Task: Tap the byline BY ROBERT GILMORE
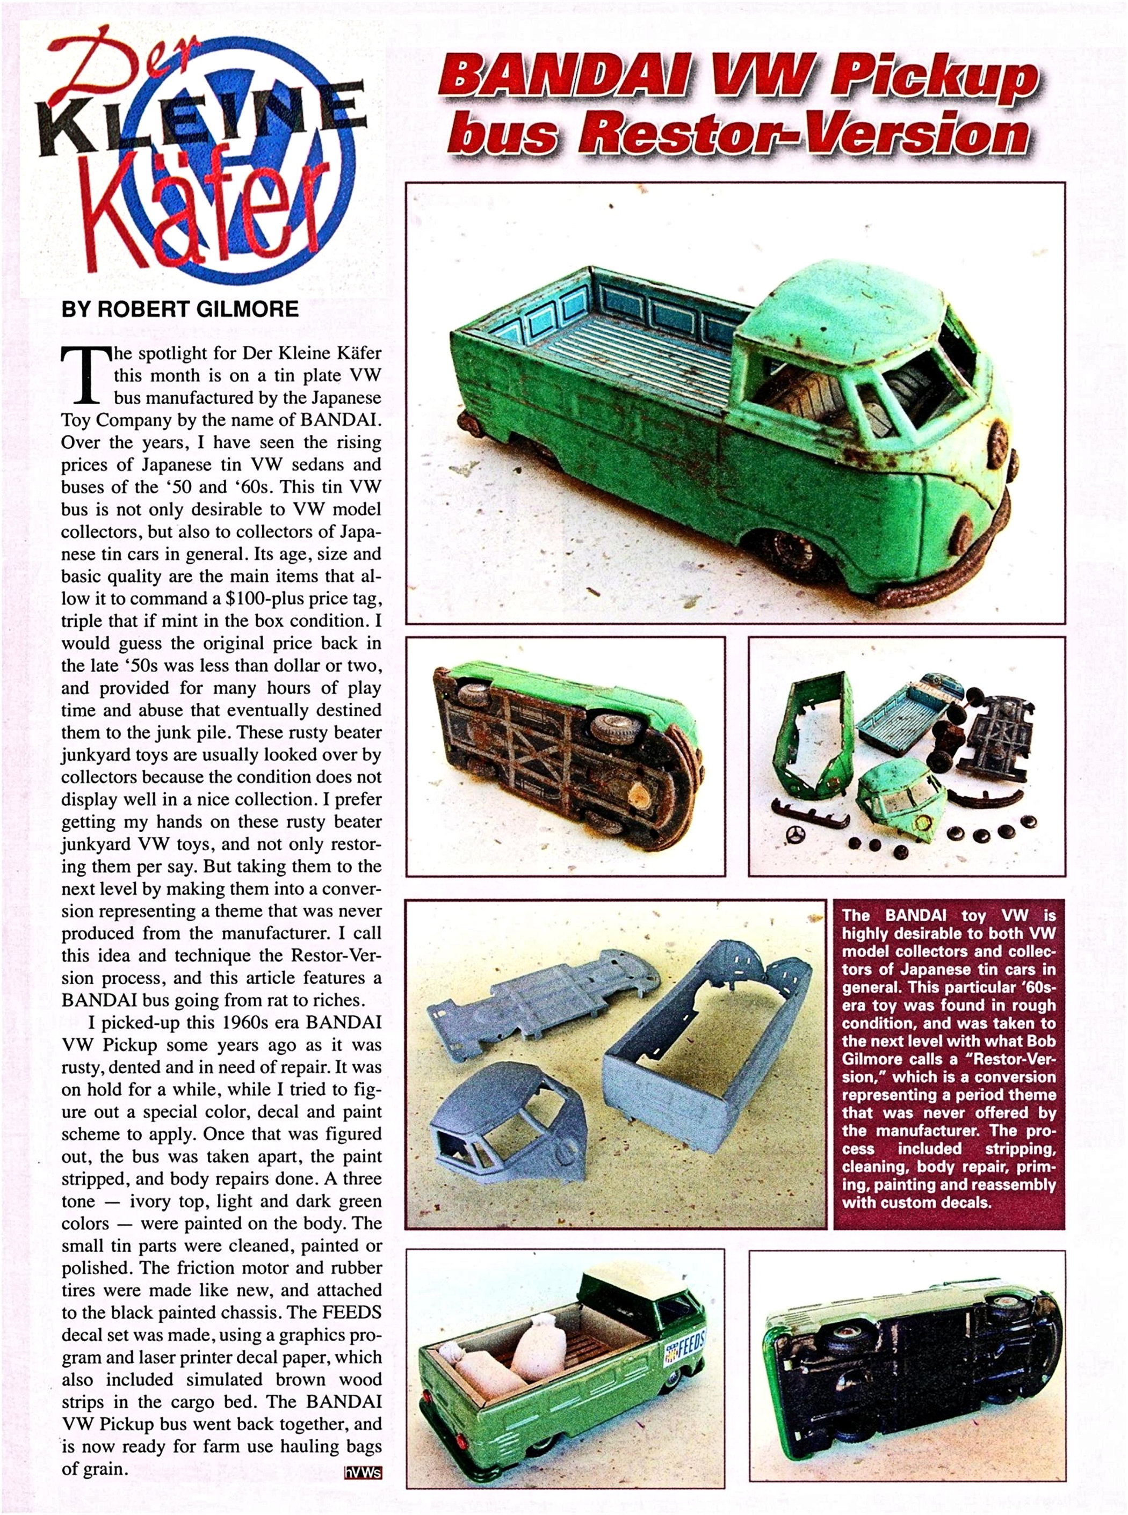(179, 309)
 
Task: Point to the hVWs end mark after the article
(363, 1473)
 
